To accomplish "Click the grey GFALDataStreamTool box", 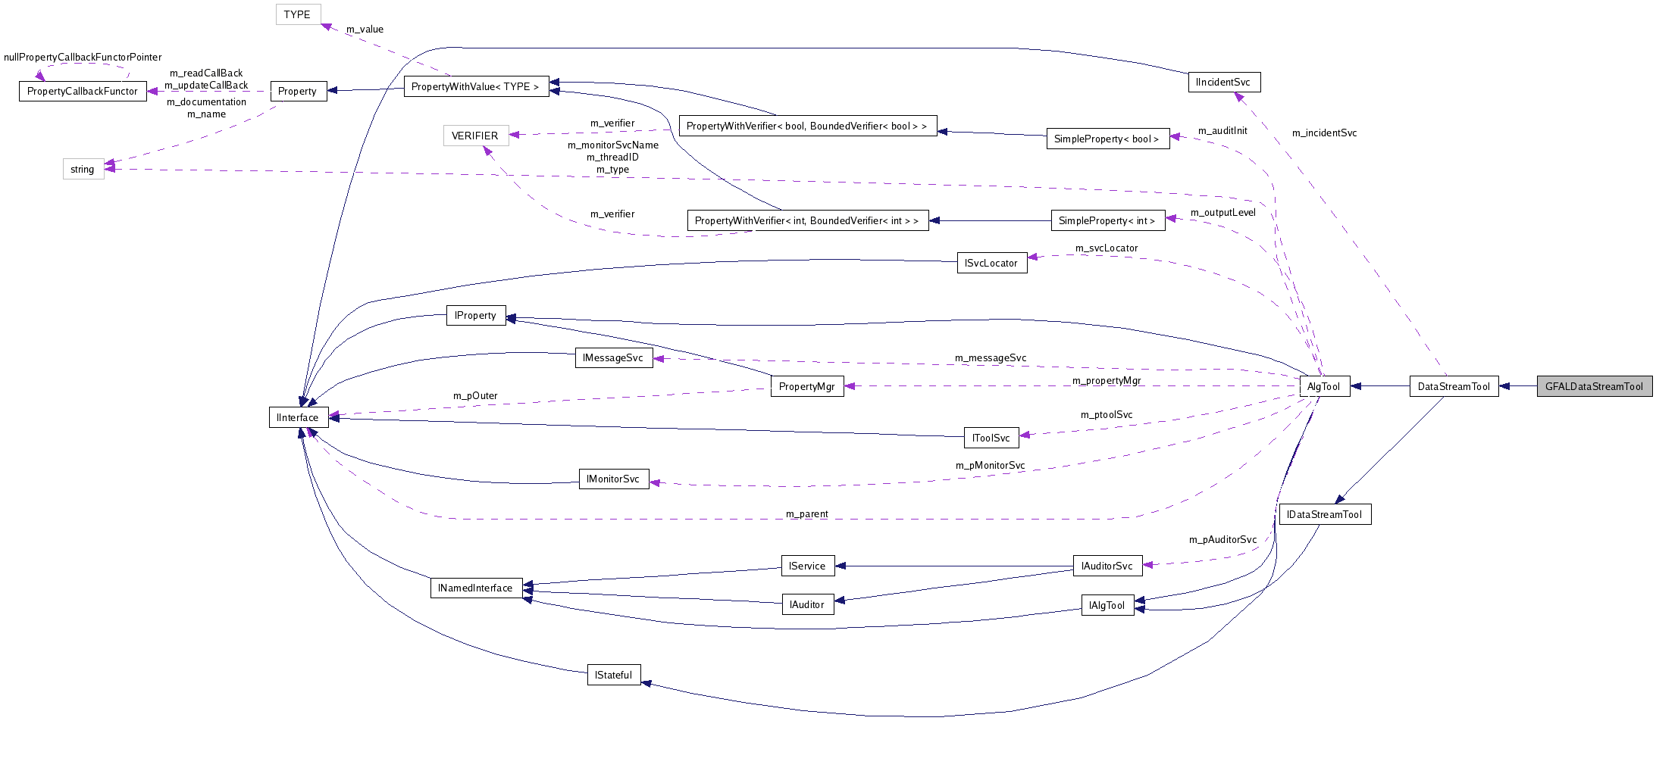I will click(1594, 386).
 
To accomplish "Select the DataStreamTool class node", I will click(1453, 386).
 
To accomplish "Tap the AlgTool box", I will click(1323, 386).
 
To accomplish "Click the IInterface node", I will click(298, 417).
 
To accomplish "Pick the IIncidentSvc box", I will click(1222, 82).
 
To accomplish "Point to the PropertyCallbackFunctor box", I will click(82, 91).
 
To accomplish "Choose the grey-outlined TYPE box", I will click(297, 14).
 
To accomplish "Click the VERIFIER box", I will click(475, 136).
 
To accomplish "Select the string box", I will click(83, 169).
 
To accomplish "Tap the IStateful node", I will click(613, 675).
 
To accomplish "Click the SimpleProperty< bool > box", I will click(1107, 139).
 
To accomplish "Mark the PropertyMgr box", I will click(806, 386).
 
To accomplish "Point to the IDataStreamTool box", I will click(1324, 514).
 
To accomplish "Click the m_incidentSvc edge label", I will click(1324, 133).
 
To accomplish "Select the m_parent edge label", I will click(806, 514).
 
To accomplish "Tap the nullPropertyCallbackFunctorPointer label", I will click(83, 58).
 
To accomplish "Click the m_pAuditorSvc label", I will click(1222, 540).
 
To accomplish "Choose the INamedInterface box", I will click(475, 588).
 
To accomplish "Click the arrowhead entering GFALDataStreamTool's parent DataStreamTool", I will click(1504, 386).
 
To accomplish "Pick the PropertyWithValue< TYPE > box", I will click(475, 86).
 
